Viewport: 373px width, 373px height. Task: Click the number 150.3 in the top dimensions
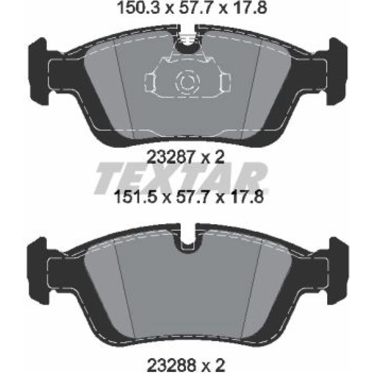[139, 8]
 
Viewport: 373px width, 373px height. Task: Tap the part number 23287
[171, 157]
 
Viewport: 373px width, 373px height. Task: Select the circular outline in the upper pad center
[187, 82]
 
